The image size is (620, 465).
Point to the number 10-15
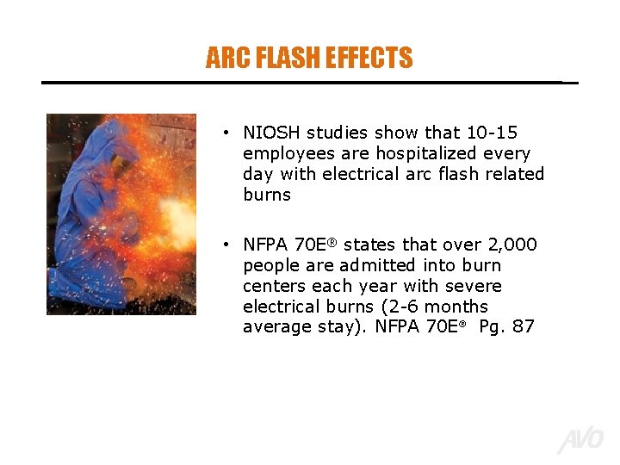492,133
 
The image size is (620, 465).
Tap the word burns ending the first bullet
267,195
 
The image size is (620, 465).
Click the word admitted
382,265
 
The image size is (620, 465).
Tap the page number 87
523,327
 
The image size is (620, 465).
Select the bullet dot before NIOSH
224,133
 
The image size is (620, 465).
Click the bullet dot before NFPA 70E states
224,245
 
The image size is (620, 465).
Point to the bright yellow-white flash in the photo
177,215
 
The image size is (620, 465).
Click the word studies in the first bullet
336,133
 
